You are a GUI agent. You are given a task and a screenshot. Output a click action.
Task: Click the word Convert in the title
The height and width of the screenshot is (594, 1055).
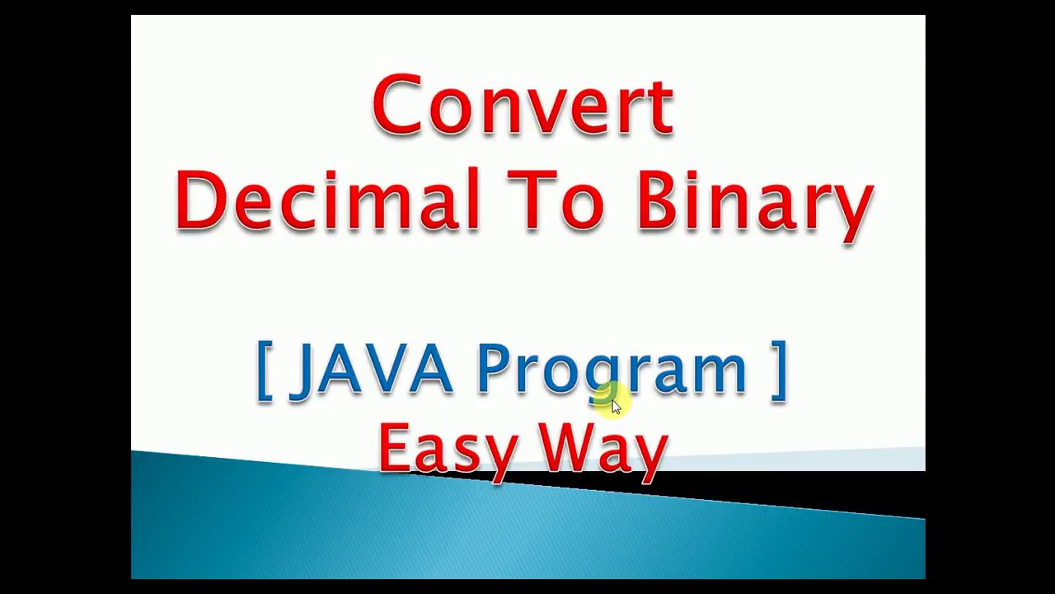click(x=523, y=106)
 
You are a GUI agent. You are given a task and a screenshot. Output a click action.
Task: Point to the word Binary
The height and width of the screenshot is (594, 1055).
click(x=754, y=203)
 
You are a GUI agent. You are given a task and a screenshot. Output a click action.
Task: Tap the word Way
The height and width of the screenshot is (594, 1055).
click(x=603, y=450)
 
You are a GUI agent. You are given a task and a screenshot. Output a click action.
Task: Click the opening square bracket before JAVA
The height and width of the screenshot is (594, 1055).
click(x=264, y=370)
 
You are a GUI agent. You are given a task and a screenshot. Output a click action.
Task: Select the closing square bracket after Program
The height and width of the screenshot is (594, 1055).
click(x=779, y=370)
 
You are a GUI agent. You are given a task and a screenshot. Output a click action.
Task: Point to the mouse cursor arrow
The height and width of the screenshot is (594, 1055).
click(x=616, y=407)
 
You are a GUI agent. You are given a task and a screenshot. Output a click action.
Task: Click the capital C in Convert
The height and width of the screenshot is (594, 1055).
click(x=396, y=106)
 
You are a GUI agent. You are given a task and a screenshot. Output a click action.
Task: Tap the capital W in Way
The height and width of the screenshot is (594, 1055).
click(x=566, y=447)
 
